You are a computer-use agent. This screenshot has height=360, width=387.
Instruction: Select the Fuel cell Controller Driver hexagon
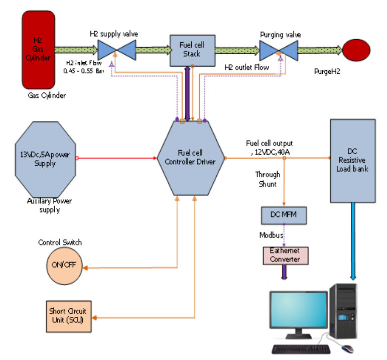point(190,159)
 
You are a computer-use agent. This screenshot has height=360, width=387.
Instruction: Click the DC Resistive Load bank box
point(352,160)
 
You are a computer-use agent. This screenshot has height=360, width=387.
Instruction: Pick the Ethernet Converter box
point(285,255)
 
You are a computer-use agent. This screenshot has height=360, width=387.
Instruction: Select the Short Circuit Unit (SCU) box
point(70,316)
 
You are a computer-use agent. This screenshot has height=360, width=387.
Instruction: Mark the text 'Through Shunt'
point(268,179)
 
